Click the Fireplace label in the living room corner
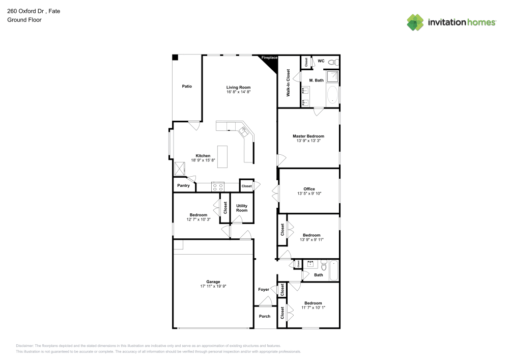click(269, 58)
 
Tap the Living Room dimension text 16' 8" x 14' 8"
click(238, 93)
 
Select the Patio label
click(187, 87)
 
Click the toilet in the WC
click(332, 62)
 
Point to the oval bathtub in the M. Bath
click(333, 95)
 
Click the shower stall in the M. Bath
click(332, 76)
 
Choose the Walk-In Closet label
click(288, 83)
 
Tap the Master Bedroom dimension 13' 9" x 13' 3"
click(308, 141)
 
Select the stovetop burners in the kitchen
click(218, 186)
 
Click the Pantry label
click(183, 186)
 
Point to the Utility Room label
click(242, 208)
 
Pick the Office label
click(309, 189)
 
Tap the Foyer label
click(264, 289)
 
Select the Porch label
click(265, 316)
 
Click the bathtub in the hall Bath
click(334, 270)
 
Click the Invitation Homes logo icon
click(415, 22)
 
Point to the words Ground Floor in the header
click(24, 20)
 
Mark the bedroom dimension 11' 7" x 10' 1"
click(313, 308)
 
